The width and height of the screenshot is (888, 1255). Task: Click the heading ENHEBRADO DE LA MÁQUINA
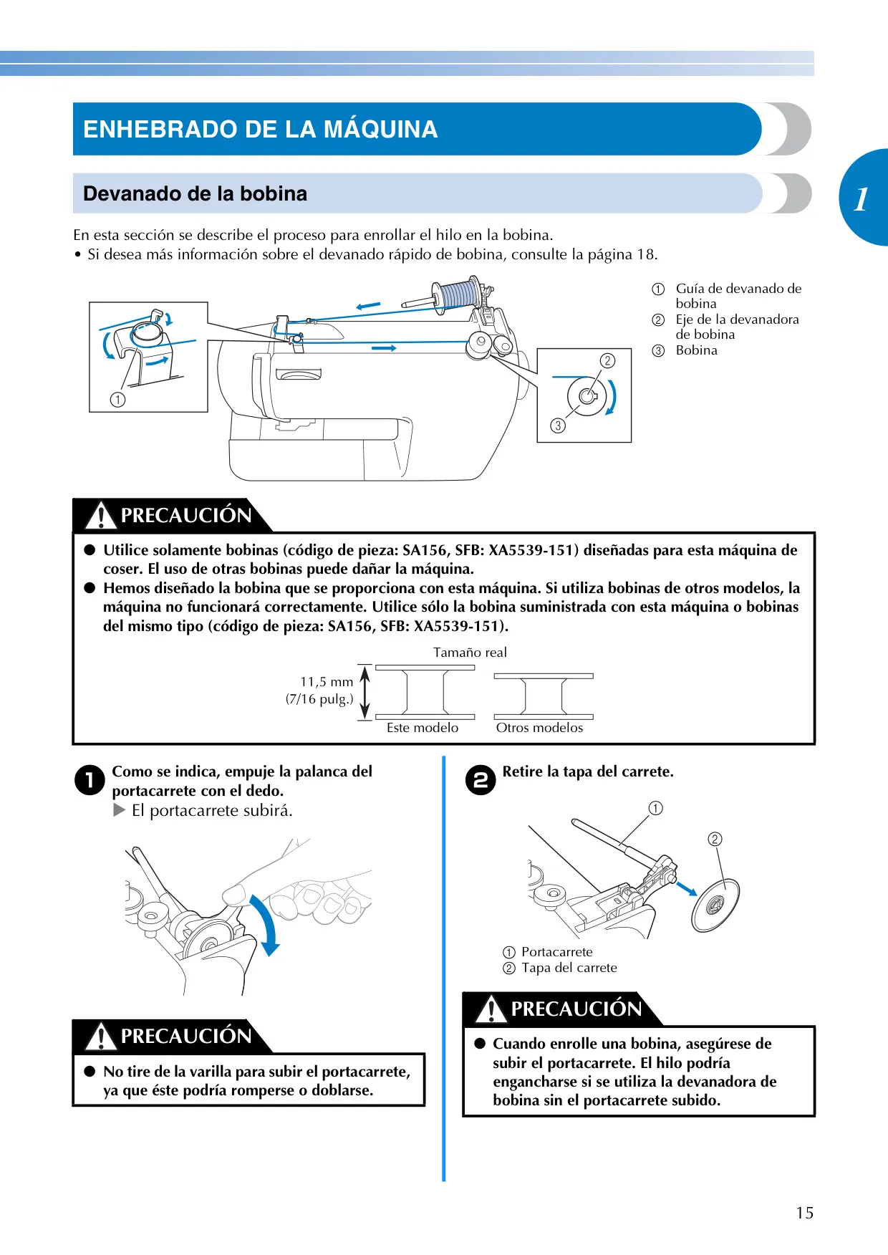260,129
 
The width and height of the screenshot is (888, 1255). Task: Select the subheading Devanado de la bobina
195,193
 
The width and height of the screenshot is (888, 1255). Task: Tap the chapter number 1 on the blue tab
862,199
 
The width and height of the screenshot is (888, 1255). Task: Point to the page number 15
805,1213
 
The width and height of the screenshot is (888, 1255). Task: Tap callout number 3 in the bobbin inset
558,425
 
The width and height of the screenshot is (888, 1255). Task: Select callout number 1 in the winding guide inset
118,400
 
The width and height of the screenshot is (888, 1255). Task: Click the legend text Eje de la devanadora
738,319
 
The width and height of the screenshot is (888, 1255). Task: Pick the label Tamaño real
470,653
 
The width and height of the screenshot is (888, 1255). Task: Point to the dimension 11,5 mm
327,682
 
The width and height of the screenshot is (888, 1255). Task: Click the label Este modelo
423,728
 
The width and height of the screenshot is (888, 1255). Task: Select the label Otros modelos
539,728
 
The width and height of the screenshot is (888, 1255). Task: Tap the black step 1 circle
90,780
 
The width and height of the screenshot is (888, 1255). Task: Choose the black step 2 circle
481,780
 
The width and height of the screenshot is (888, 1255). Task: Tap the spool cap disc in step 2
715,905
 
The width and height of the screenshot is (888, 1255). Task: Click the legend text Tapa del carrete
569,968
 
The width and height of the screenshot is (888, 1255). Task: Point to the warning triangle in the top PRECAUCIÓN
101,515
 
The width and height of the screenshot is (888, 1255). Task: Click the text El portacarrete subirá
212,811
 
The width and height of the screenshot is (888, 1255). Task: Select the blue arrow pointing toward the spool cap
687,888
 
